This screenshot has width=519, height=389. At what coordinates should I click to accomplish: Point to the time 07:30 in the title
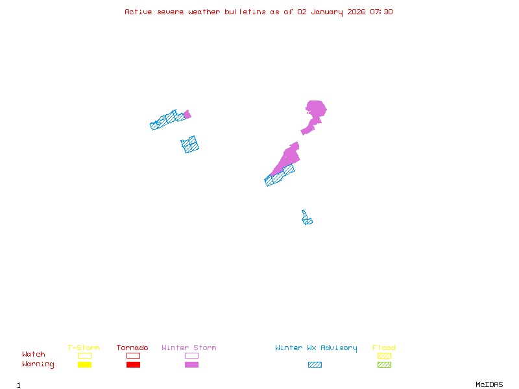click(x=381, y=12)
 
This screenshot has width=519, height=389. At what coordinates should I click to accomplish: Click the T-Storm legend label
click(x=84, y=348)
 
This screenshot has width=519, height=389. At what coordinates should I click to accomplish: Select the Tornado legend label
click(x=132, y=348)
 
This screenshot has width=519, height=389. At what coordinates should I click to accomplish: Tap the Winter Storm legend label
click(x=189, y=348)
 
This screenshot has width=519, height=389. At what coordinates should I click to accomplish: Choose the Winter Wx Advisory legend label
click(x=316, y=348)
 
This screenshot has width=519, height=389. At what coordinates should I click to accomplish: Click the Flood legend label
click(x=384, y=348)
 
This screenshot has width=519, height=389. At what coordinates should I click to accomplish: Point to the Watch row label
click(x=34, y=355)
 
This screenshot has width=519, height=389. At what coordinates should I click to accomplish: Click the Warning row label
click(x=38, y=364)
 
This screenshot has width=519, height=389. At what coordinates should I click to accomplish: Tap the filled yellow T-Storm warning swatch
click(x=84, y=365)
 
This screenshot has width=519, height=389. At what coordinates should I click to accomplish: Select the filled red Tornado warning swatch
click(x=133, y=365)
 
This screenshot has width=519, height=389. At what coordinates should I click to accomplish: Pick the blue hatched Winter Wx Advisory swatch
click(x=315, y=365)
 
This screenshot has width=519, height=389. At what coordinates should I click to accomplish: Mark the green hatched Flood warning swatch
click(x=384, y=365)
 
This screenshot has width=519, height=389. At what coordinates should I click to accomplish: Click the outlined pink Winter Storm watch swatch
click(x=191, y=356)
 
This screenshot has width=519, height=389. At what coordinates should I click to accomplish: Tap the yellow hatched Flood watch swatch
click(x=384, y=356)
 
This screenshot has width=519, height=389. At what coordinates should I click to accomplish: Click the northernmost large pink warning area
click(x=315, y=112)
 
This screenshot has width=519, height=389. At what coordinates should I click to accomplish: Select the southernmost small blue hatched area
click(x=306, y=219)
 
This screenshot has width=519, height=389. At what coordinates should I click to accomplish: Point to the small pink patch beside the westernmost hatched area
click(x=187, y=115)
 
